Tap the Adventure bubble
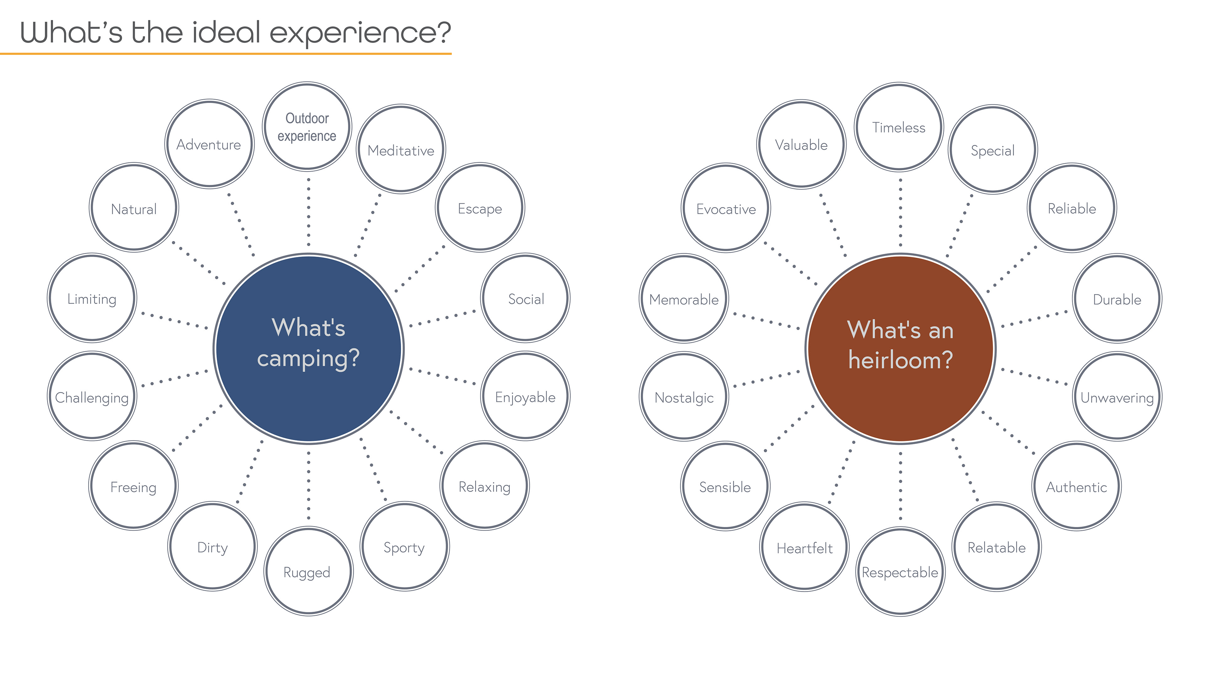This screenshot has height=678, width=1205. (209, 144)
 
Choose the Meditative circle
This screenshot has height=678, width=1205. (401, 149)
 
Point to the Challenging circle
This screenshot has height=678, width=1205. (92, 396)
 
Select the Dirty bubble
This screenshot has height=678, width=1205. (212, 546)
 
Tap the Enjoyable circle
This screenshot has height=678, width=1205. (525, 396)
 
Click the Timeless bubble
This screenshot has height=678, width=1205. (899, 127)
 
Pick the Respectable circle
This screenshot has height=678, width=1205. (900, 572)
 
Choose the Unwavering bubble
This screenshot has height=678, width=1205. (1117, 397)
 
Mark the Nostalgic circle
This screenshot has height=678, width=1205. (684, 397)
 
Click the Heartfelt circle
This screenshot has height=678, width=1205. (805, 547)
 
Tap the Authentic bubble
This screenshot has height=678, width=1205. (1076, 487)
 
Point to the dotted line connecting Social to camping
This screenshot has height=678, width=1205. (442, 318)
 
